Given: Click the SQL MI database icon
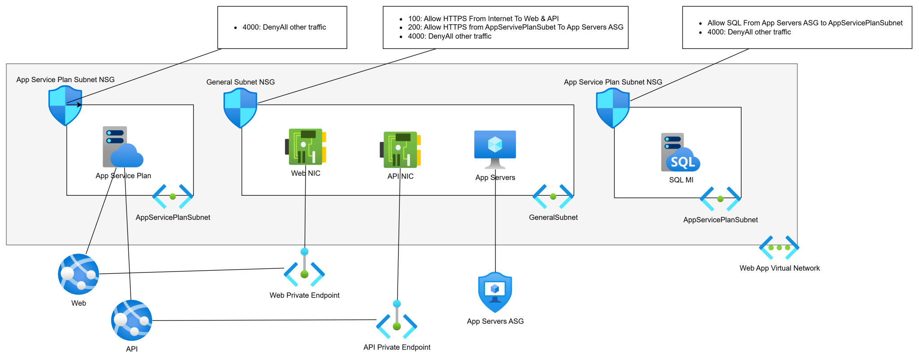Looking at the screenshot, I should point(680,152).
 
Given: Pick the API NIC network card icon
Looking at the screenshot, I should point(400,149).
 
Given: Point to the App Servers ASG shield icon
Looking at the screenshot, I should point(495,292).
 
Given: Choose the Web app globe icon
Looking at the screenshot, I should point(79,274).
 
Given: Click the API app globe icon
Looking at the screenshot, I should point(131,320).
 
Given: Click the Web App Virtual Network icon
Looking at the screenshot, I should point(779,248).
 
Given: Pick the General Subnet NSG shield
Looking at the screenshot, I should point(241,108).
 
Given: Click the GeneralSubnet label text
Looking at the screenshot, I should point(553,217).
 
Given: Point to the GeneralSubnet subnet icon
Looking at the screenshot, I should point(553,196).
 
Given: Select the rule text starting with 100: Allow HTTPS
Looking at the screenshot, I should point(483,18).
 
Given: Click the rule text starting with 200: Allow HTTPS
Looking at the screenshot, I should point(515,27).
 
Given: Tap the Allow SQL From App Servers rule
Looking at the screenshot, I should point(805,23).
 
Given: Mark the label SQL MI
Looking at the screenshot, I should point(681,180).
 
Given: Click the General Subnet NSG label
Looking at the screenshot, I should point(241,82).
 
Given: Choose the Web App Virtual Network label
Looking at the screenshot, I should point(779,268).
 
